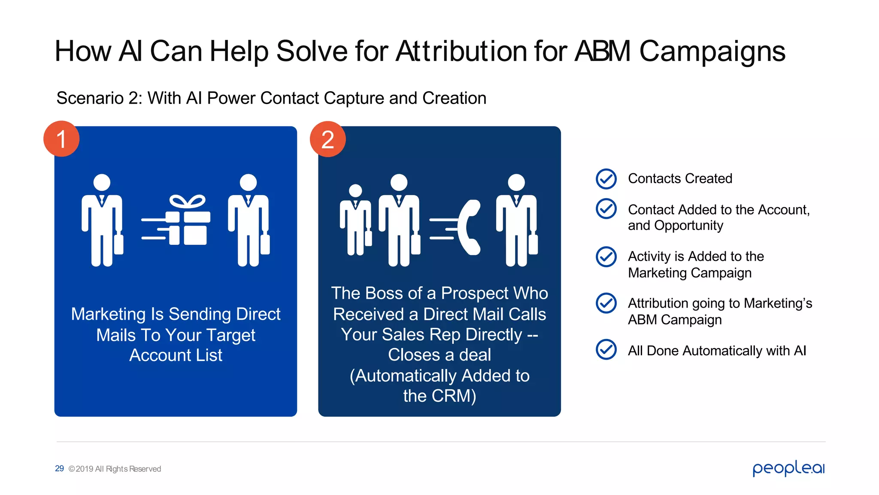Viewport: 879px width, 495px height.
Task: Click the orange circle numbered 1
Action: coord(61,139)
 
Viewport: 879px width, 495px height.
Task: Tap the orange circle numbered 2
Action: coord(328,139)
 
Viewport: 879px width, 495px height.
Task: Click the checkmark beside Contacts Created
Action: coord(606,179)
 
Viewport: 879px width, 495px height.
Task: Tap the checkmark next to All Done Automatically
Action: coord(606,349)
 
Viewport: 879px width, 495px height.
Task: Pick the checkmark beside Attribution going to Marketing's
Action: coord(606,303)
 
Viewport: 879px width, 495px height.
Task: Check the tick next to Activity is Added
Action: coord(606,257)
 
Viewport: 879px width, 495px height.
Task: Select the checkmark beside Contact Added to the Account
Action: coord(606,209)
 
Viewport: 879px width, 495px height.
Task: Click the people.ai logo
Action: coord(788,468)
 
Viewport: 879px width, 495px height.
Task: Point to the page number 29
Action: coord(59,468)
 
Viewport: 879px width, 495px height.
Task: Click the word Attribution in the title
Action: coord(461,52)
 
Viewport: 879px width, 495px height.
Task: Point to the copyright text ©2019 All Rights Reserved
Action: coord(115,469)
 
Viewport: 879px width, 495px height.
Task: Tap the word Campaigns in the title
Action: coord(712,52)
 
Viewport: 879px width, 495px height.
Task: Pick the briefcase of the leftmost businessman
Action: coord(118,244)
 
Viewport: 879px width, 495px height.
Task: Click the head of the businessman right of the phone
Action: coord(516,182)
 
